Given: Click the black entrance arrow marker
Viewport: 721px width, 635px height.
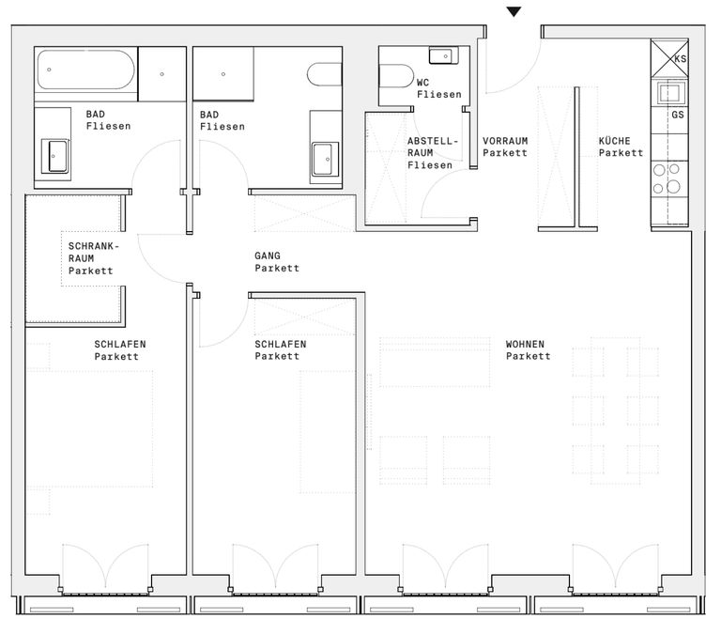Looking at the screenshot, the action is coord(514,11).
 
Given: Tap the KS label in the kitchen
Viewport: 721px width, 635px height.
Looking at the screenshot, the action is coord(680,59).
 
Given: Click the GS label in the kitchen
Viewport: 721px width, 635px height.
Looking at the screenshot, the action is coord(678,115).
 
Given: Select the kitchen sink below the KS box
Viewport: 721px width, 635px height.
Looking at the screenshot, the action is coord(670,93).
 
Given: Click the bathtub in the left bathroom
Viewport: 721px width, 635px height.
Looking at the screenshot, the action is coord(86,70).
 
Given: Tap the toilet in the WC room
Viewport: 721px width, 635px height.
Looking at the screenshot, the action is coord(396,76).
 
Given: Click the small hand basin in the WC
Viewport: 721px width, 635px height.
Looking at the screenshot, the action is coord(443,55).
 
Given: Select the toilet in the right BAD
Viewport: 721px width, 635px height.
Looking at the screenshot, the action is coord(324,74).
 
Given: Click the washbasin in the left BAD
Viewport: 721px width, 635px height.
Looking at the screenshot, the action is coord(54,156).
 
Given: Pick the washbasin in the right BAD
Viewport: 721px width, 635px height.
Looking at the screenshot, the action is coord(325,159).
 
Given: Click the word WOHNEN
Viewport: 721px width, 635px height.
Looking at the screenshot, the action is coord(525,344).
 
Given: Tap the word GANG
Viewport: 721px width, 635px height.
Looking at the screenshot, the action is coord(268,256).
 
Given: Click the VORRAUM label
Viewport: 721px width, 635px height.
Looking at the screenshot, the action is coord(505,141).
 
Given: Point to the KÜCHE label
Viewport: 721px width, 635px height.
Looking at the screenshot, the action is coord(614,140).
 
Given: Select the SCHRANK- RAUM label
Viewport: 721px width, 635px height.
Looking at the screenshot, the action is coord(93,252).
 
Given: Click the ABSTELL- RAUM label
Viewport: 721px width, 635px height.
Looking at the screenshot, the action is coord(432,147).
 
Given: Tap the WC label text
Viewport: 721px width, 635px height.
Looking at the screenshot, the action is coord(422,83).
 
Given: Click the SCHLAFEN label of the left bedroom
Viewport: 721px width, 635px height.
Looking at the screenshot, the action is coord(120,344).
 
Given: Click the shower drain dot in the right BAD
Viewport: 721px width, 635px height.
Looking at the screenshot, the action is coord(223,74).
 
